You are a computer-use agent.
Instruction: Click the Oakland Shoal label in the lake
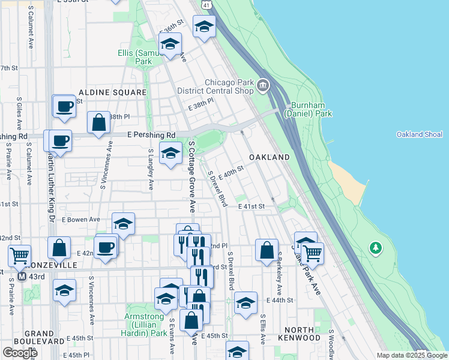point(420,134)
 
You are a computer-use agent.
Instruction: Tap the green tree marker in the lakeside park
point(376,247)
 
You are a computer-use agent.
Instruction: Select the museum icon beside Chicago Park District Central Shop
point(262,87)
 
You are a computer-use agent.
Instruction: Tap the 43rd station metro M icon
point(22,277)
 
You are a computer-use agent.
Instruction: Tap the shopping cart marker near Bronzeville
point(20,256)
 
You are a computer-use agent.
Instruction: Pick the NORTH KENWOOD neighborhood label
point(303,334)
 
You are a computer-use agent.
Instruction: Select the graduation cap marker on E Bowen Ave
point(123,224)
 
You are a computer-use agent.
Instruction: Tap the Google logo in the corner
point(20,353)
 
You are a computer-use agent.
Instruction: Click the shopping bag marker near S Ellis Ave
point(267,250)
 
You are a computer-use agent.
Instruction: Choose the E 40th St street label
point(231,173)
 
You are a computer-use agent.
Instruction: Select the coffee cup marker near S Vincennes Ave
point(106,247)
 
